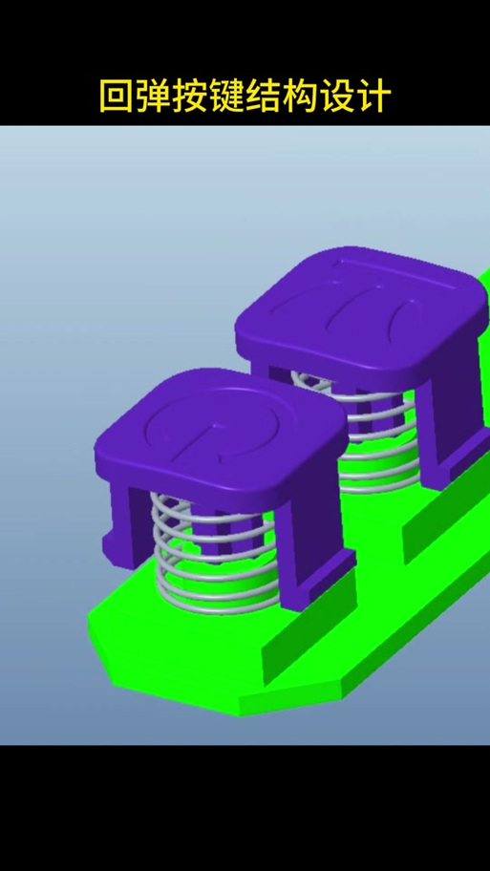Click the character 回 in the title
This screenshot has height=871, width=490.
(x=117, y=96)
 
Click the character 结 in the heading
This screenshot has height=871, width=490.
(x=264, y=96)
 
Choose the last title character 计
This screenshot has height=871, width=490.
(x=373, y=96)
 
